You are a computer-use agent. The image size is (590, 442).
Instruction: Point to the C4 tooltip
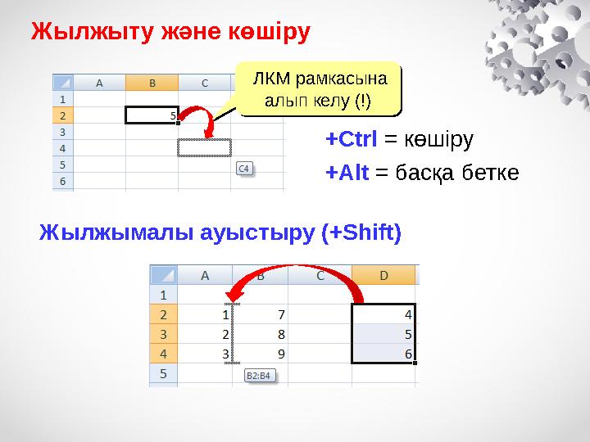[245, 169]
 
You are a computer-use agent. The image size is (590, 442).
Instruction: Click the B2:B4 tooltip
[261, 376]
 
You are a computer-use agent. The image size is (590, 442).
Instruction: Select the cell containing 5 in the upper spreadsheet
[152, 115]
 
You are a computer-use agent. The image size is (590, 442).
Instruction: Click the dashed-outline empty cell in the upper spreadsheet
[205, 147]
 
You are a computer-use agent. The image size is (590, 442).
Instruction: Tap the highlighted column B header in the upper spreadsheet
[152, 83]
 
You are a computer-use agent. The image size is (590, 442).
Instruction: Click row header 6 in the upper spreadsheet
[62, 181]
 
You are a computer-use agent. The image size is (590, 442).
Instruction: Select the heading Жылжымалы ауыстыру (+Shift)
[220, 234]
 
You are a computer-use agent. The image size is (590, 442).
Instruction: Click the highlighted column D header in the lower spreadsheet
[383, 276]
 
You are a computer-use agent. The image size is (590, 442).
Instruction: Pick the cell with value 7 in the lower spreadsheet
[261, 313]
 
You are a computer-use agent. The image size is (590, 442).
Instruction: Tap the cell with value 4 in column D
[383, 313]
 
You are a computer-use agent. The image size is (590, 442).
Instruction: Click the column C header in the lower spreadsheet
[320, 276]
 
